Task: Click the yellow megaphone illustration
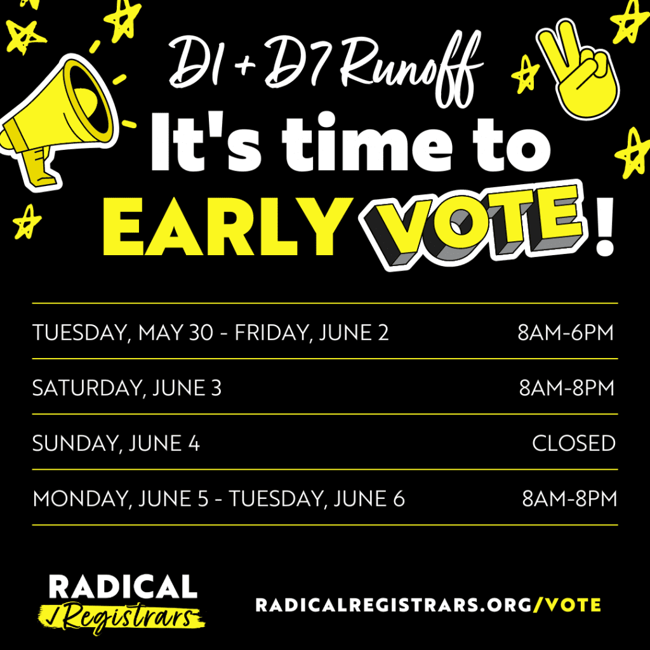pyautogui.click(x=58, y=124)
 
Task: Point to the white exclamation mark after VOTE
pyautogui.click(x=604, y=226)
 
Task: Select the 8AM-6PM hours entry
pyautogui.click(x=566, y=333)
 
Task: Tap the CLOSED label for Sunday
pyautogui.click(x=574, y=443)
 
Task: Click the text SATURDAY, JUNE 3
pyautogui.click(x=127, y=388)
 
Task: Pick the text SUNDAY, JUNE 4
pyautogui.click(x=116, y=443)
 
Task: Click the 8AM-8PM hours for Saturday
pyautogui.click(x=566, y=388)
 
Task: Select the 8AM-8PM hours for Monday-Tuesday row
pyautogui.click(x=569, y=498)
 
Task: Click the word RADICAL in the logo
pyautogui.click(x=123, y=586)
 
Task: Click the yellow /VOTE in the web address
pyautogui.click(x=567, y=605)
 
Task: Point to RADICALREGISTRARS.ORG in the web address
pyautogui.click(x=394, y=605)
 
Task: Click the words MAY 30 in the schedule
pyautogui.click(x=176, y=333)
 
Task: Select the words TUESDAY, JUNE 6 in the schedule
pyautogui.click(x=317, y=498)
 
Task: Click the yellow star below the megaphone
pyautogui.click(x=27, y=222)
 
